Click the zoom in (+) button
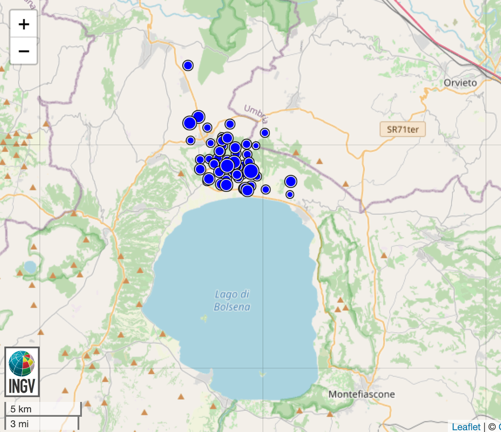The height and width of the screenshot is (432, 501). coord(24,24)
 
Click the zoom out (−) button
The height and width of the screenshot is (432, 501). coord(24,51)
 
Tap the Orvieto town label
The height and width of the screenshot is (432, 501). coord(460,83)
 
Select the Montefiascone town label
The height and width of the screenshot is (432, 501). coord(362,395)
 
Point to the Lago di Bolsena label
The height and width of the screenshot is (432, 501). coord(232,301)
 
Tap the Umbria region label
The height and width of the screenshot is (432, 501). coord(256,114)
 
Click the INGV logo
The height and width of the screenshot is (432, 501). coord(22,372)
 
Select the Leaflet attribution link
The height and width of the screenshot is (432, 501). coord(466,427)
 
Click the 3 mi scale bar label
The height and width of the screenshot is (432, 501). coord(19,423)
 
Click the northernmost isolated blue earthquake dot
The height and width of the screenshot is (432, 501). coord(188,65)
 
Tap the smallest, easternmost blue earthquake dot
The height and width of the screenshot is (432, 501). coord(290,194)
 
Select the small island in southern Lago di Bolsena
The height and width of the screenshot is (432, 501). coord(262,373)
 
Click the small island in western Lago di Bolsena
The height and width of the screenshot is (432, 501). coord(204,318)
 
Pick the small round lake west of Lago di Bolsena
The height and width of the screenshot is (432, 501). coord(30,266)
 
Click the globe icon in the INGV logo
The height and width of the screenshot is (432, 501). coord(22,364)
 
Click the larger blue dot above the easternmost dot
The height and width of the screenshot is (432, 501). coord(291,181)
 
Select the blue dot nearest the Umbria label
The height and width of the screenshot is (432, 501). coord(264,133)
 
